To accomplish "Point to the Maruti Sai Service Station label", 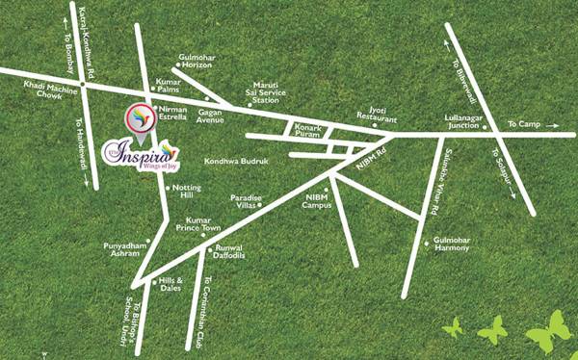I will tap(265, 91).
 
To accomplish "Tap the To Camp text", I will tap(525, 124).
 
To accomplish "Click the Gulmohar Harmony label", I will tap(451, 243).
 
